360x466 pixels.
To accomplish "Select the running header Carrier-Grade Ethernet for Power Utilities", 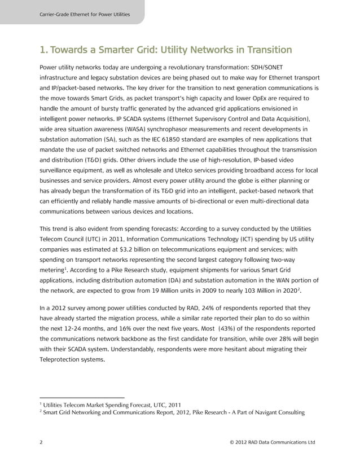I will [84, 14].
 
